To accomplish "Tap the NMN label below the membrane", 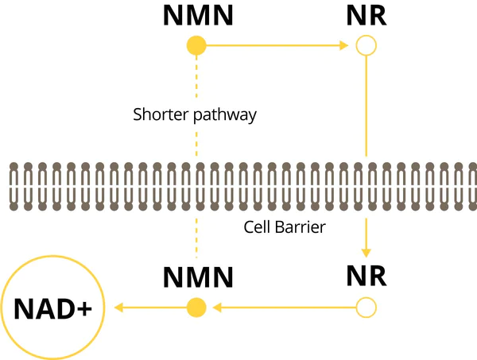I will (x=197, y=277).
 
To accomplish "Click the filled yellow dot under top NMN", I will (x=196, y=46).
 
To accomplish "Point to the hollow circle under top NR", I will (x=366, y=46).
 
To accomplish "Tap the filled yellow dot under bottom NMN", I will (x=196, y=307).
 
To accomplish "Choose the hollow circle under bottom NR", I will (x=366, y=307).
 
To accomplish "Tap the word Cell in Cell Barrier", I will (x=257, y=227).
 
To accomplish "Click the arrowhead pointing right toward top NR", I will (x=344, y=46).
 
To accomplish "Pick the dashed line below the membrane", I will (x=196, y=238).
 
